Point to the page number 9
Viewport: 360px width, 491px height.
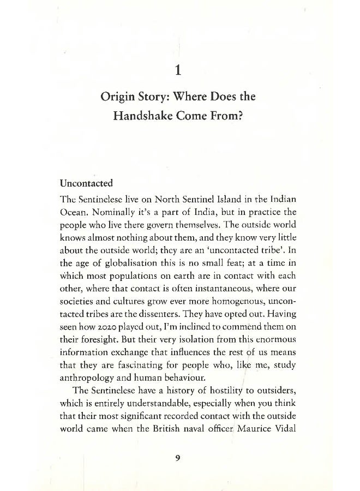point(178,458)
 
